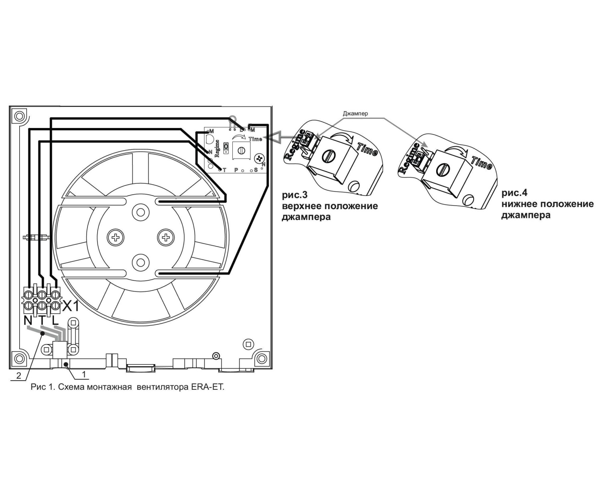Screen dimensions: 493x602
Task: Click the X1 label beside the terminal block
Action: (71, 307)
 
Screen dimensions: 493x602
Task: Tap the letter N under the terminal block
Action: (28, 320)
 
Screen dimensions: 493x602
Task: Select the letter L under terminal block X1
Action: (55, 320)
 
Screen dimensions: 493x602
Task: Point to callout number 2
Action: (18, 375)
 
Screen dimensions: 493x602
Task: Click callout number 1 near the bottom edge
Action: (83, 374)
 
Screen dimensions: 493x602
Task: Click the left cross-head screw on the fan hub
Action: (116, 238)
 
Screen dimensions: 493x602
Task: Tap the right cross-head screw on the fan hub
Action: (165, 238)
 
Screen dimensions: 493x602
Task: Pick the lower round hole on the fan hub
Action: (140, 262)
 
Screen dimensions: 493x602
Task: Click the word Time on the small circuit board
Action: (255, 139)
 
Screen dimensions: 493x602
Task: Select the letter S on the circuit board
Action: (256, 170)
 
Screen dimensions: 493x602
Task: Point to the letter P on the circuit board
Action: (236, 170)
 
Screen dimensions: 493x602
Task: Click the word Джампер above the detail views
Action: (355, 114)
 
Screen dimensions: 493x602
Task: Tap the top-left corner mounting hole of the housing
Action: (18, 116)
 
